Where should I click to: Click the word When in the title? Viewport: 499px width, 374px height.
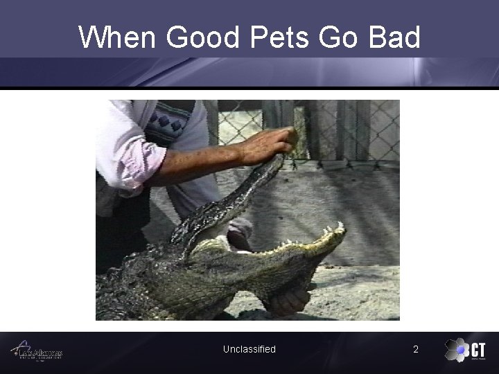[119, 37]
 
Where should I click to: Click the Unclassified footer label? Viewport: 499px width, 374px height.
[249, 349]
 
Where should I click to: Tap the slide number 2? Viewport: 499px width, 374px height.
[416, 349]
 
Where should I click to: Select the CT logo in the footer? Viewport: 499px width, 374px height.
[465, 350]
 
